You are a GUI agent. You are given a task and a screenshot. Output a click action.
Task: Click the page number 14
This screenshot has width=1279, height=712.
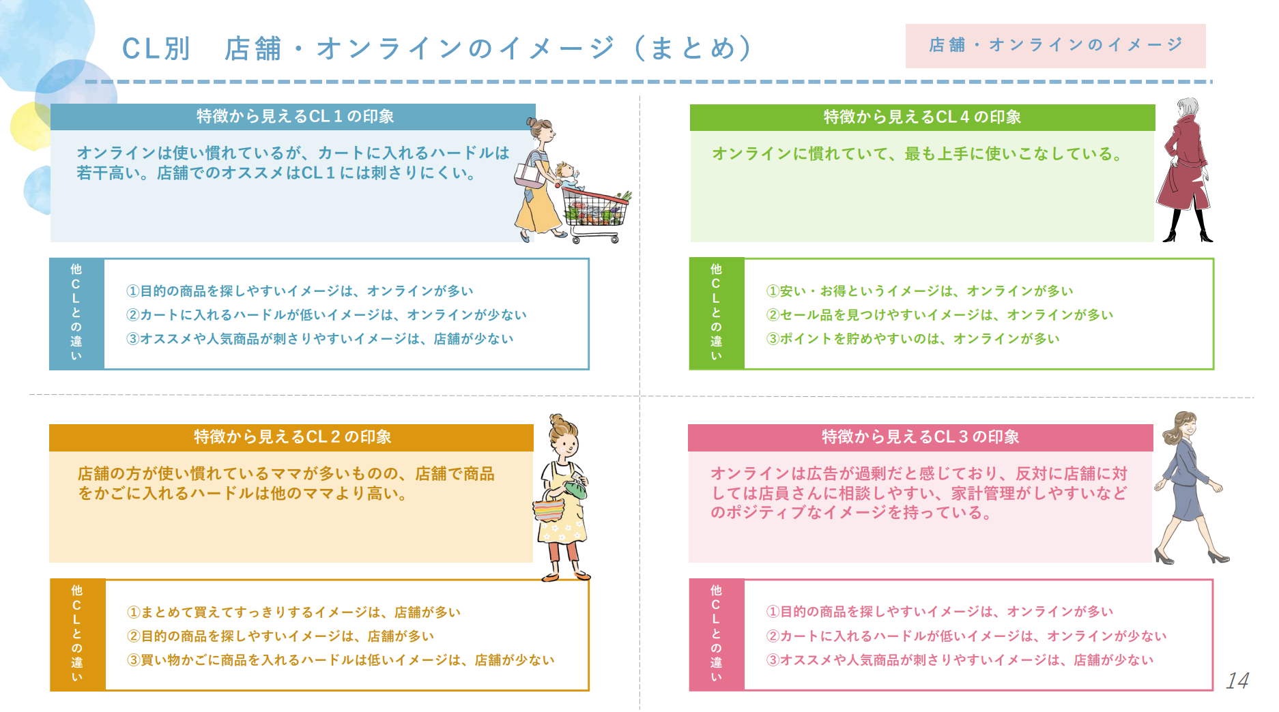coord(1237,681)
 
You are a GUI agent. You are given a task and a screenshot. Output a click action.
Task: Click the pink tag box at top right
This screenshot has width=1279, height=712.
coord(1055,46)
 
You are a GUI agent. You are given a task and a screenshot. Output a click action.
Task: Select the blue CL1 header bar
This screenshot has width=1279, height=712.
coord(293,117)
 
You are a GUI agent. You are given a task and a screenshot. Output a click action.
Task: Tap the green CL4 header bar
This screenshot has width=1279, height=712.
coord(922,117)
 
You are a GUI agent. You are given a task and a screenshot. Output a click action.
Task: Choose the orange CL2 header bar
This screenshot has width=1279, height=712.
coord(291,437)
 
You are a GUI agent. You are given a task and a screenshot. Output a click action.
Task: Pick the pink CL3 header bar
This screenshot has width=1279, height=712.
coord(920,437)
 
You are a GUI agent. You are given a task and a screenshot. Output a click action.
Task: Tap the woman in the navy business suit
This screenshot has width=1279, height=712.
coord(1189,488)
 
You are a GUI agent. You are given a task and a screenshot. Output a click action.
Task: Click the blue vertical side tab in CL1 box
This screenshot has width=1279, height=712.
coord(76,314)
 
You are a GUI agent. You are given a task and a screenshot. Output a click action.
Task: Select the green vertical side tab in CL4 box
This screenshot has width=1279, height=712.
coord(717,314)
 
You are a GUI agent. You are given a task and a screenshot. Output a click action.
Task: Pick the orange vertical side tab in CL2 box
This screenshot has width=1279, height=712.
coord(77,635)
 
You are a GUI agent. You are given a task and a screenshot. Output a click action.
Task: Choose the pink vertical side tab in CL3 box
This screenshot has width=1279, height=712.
coord(717,635)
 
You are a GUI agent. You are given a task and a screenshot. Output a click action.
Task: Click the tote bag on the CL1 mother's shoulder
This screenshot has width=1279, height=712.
coord(528,175)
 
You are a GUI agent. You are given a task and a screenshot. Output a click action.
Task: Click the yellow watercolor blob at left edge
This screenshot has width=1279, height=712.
coord(29,127)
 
